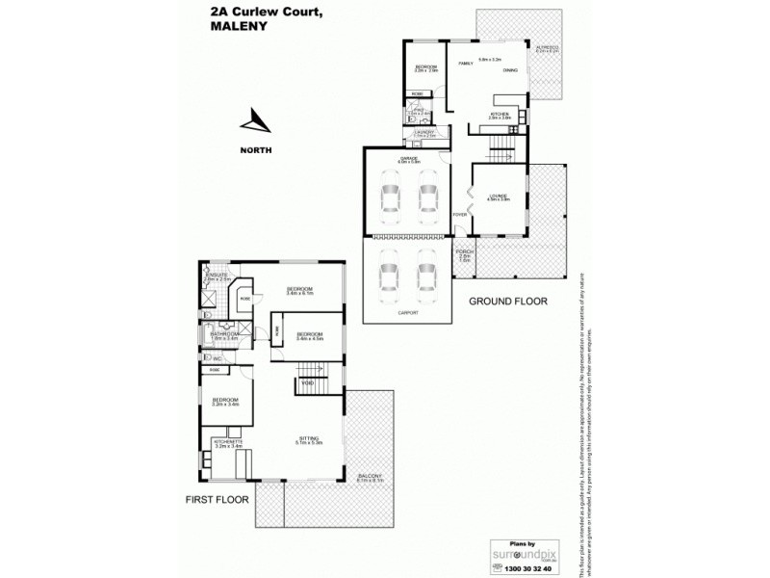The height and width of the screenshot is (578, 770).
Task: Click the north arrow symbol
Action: coord(256,123)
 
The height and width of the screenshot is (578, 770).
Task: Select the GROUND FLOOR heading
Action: coord(507,302)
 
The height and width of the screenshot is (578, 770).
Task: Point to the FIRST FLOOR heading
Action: coord(217,500)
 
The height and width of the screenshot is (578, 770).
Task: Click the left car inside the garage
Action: coord(391,197)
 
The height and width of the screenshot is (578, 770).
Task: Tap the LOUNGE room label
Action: coord(497,195)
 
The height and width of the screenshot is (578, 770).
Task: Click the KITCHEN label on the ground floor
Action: coord(499,114)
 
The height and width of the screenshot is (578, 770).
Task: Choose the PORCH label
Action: coord(463,254)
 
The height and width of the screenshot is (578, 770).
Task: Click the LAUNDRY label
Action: coord(424,132)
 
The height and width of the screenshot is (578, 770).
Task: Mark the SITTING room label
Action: coord(308,438)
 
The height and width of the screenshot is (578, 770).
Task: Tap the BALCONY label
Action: coord(369,476)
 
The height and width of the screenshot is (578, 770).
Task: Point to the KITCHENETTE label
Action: coord(228,442)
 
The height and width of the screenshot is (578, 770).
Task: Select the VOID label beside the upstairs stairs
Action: coord(308,383)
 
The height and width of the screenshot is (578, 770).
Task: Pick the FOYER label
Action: coord(460,215)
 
